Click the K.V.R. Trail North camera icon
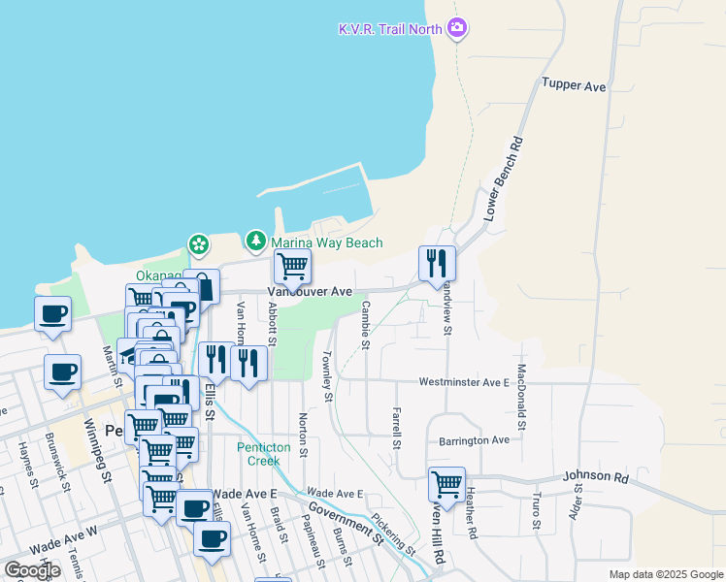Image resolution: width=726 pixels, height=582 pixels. (458, 28)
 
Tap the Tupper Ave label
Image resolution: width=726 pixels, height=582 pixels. (574, 86)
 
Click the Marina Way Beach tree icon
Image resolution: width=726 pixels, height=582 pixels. (255, 239)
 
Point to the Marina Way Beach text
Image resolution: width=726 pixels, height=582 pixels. (326, 242)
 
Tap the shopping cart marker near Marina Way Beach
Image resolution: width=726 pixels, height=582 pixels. (292, 265)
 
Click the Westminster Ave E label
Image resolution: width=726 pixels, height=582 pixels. (464, 382)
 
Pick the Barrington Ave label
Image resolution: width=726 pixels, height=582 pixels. (474, 439)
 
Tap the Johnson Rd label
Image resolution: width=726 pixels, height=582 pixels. (595, 477)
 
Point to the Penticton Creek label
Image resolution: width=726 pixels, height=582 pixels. (258, 454)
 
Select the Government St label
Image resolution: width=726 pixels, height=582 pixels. (346, 520)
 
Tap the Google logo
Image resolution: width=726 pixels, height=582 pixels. (32, 569)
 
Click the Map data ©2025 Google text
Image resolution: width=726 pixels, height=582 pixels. (665, 574)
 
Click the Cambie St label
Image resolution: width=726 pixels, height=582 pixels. (365, 323)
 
